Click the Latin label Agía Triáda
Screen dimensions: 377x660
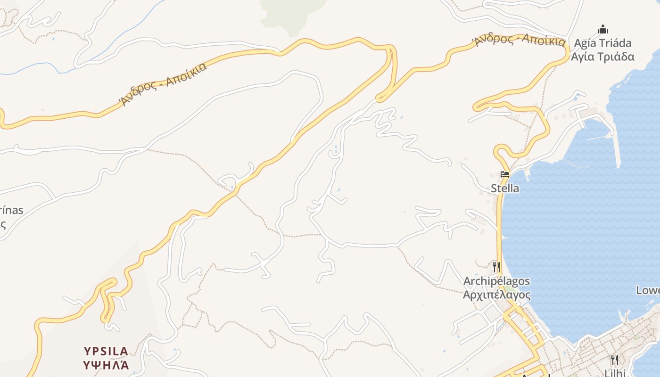click(x=602, y=43)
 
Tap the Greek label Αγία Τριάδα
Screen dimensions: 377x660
click(x=602, y=57)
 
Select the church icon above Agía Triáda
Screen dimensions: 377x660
click(x=602, y=30)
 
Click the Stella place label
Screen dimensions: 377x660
click(x=505, y=188)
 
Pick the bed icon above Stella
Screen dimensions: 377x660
click(x=505, y=174)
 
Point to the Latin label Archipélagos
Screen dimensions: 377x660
click(x=496, y=281)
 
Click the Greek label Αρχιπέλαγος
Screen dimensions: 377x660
click(x=496, y=295)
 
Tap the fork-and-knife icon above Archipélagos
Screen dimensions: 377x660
click(x=496, y=267)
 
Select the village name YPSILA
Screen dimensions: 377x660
click(x=106, y=351)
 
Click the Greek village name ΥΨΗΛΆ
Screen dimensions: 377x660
click(x=106, y=365)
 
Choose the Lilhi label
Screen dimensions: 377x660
click(x=615, y=373)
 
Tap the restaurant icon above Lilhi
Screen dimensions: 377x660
click(x=615, y=360)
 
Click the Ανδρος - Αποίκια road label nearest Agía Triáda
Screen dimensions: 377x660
click(x=520, y=40)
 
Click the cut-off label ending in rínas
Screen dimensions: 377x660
click(x=11, y=210)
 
